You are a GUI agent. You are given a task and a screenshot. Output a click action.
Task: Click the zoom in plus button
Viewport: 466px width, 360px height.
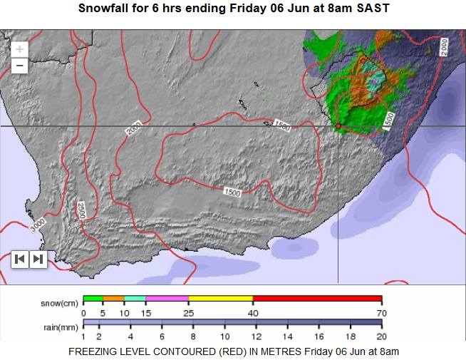coord(20,49)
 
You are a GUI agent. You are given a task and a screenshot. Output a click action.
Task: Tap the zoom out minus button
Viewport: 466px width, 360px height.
coord(20,65)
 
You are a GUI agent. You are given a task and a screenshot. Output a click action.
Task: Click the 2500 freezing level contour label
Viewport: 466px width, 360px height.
coord(81,210)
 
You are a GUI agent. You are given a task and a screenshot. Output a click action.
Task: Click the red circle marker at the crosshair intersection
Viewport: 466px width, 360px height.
coord(338,126)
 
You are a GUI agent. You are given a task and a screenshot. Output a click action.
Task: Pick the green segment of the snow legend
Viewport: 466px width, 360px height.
coord(93,298)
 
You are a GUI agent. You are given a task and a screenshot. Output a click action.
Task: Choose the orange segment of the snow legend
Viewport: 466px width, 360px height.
coord(114,298)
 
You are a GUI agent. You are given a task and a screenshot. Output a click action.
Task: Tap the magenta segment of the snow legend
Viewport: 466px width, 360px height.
coord(167,298)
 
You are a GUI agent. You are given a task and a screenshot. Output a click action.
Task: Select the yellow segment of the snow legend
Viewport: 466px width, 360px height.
coord(220,298)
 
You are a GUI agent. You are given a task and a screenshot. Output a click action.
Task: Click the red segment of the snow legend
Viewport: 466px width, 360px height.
coord(317,298)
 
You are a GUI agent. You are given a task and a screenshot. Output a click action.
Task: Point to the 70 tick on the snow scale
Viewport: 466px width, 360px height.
coord(382,312)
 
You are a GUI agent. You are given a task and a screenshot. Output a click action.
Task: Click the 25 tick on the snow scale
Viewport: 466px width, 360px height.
coord(188,312)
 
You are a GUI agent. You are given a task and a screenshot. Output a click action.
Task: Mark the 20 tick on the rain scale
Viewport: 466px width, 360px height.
coord(382,336)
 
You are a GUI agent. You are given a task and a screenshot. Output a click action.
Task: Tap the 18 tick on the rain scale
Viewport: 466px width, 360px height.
coord(351,336)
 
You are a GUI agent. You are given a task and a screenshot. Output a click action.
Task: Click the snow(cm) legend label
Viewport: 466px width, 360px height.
coord(60,303)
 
